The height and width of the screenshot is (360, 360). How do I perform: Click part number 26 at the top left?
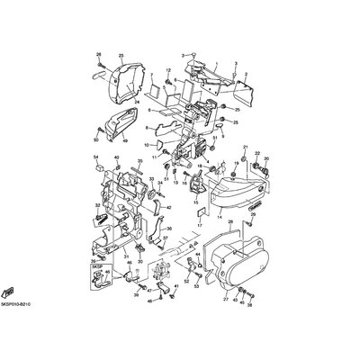pyautogui.click(x=99, y=56)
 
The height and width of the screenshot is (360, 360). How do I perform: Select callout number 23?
pyautogui.click(x=120, y=56)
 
